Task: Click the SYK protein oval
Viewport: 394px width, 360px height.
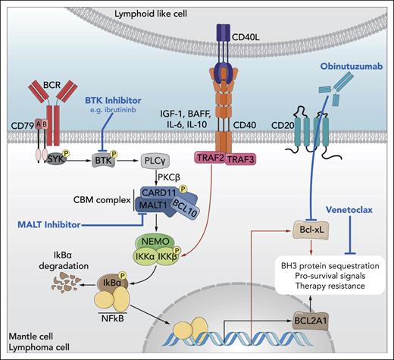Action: (73, 161)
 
